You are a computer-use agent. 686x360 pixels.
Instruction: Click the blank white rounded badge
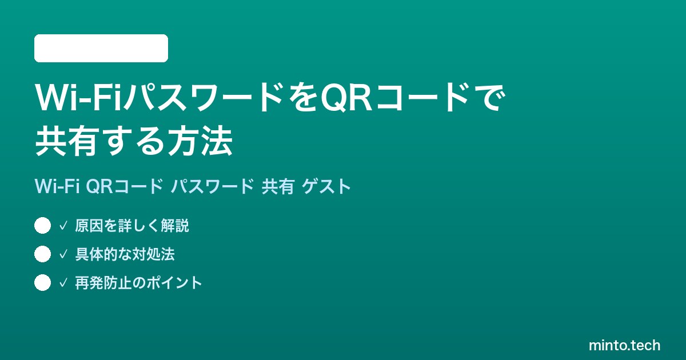101,49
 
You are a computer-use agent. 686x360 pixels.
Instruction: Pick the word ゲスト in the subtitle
326,186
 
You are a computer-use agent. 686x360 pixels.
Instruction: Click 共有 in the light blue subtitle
278,186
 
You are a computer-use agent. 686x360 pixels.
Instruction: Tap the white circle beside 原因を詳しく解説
42,226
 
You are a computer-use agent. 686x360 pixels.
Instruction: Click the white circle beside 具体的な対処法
42,254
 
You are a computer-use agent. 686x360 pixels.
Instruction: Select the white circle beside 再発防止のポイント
42,282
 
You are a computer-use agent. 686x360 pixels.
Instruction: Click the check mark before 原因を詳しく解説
63,226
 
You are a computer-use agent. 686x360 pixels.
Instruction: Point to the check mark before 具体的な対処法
63,254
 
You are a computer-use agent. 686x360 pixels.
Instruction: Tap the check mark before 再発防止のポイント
63,283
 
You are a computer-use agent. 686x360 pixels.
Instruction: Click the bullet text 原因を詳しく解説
132,226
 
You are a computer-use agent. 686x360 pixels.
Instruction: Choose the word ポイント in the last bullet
174,283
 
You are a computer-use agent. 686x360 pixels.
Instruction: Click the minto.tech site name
624,345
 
